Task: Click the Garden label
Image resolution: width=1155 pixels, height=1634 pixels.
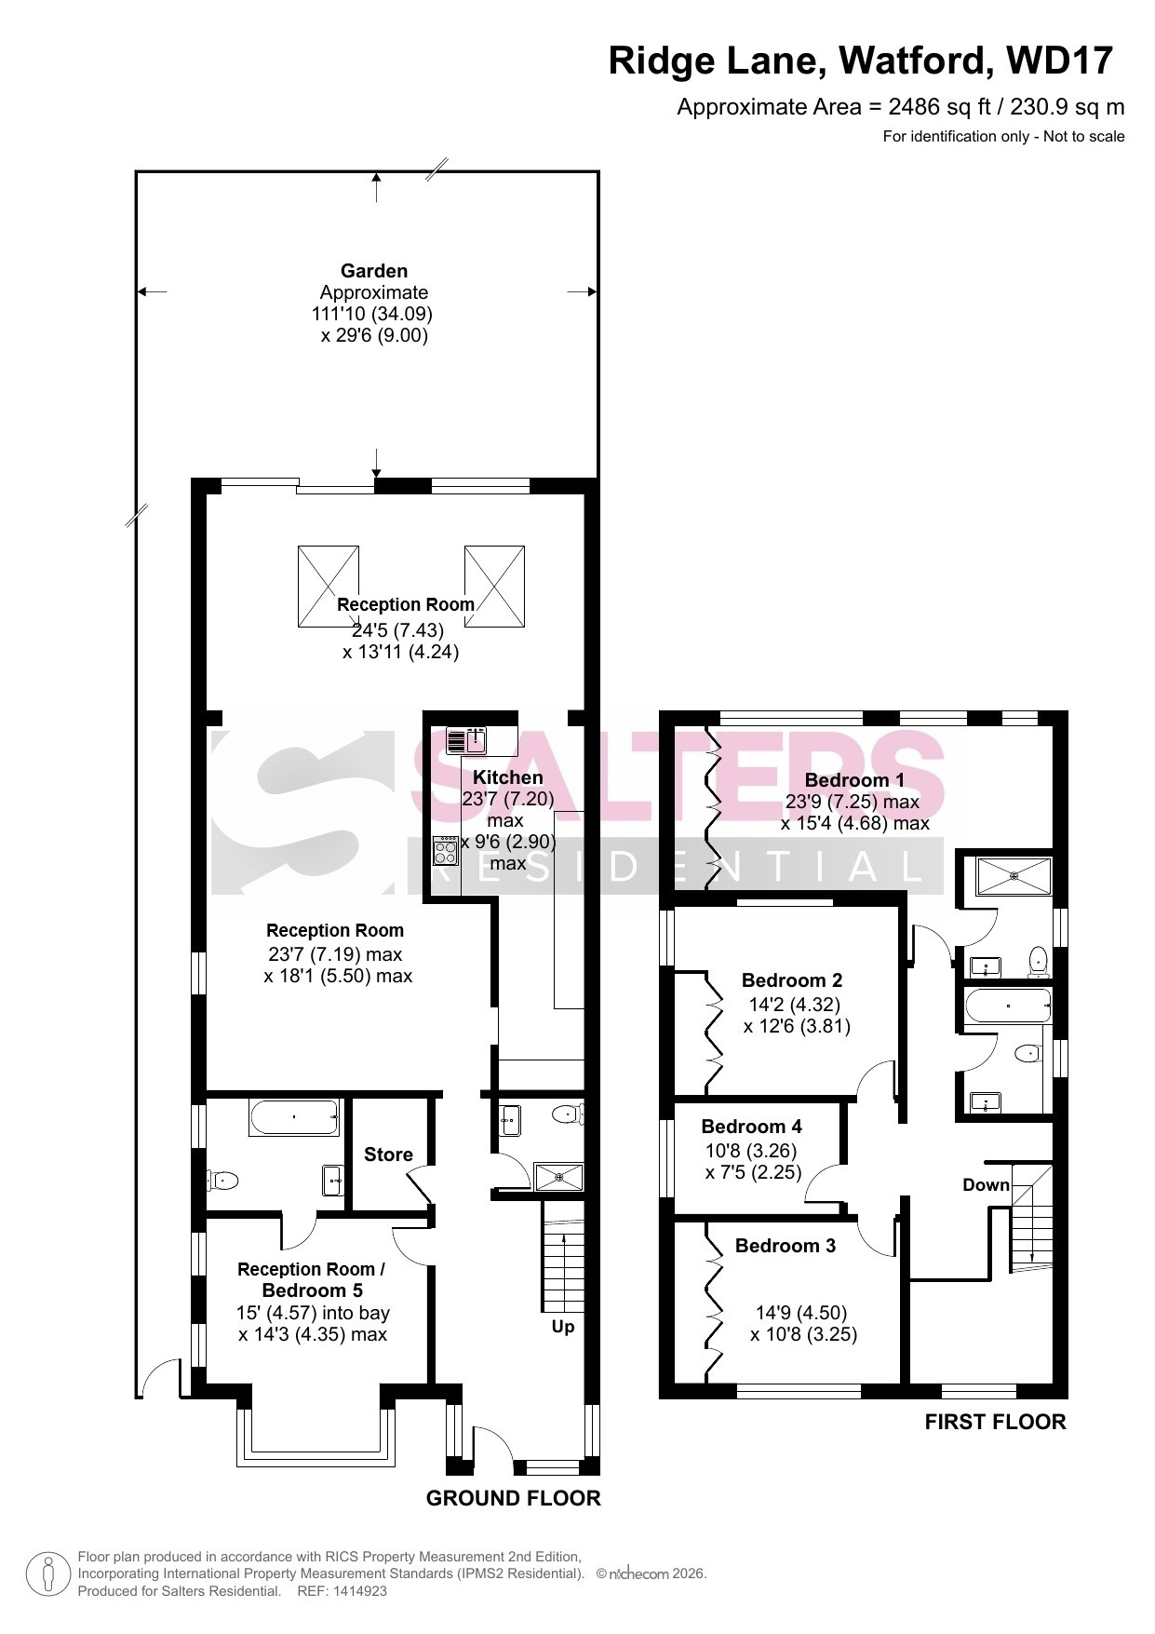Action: pyautogui.click(x=374, y=271)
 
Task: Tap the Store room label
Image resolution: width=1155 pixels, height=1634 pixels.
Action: pyautogui.click(x=388, y=1155)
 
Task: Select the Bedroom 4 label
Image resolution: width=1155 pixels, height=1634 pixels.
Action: pyautogui.click(x=751, y=1127)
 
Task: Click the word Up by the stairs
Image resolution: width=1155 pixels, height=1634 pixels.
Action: pyautogui.click(x=563, y=1327)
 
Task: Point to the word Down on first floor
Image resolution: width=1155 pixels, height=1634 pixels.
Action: pyautogui.click(x=986, y=1185)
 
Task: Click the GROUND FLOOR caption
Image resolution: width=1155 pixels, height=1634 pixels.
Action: pyautogui.click(x=513, y=1498)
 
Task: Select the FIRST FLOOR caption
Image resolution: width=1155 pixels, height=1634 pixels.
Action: pyautogui.click(x=995, y=1422)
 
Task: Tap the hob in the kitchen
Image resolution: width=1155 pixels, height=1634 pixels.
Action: pyautogui.click(x=446, y=852)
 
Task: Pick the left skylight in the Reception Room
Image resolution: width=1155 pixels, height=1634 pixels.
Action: pyautogui.click(x=329, y=587)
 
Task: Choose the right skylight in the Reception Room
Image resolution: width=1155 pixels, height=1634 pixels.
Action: pyautogui.click(x=495, y=587)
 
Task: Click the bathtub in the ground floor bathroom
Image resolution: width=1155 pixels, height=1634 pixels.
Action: pyautogui.click(x=293, y=1117)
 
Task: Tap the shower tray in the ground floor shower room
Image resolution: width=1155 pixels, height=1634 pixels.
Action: pyautogui.click(x=558, y=1177)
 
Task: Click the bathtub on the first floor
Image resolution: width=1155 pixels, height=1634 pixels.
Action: pyautogui.click(x=1008, y=1006)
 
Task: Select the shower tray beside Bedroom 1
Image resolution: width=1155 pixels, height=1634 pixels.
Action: pyautogui.click(x=1014, y=875)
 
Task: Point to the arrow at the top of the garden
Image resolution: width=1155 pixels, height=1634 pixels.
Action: pyautogui.click(x=376, y=187)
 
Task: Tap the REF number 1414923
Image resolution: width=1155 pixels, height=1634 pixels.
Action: pyautogui.click(x=356, y=1591)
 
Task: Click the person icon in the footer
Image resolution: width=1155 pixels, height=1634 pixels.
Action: pyautogui.click(x=47, y=1573)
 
